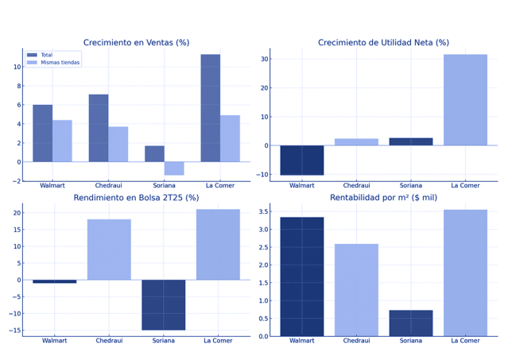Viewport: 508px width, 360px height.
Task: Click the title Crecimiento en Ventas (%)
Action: [x=136, y=43]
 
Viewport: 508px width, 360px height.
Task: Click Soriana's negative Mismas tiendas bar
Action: [x=174, y=168]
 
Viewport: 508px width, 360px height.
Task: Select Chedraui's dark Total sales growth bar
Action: [x=99, y=128]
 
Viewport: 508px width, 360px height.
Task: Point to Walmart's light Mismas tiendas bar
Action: [x=62, y=141]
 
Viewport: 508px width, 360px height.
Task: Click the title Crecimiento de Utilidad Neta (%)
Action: [x=383, y=43]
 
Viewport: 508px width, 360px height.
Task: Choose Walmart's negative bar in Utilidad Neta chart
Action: [x=301, y=160]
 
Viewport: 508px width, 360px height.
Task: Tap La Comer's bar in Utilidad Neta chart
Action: [x=465, y=100]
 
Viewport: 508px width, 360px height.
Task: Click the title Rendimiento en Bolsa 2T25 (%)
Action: [x=136, y=198]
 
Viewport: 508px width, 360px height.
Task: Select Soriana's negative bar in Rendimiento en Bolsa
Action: [x=164, y=304]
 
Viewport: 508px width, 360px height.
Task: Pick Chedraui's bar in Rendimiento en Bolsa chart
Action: [x=109, y=250]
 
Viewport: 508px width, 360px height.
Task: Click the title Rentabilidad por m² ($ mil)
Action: [x=383, y=198]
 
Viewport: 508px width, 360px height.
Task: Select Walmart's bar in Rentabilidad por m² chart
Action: [x=301, y=277]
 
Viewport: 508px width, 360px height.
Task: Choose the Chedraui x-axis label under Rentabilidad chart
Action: [x=356, y=341]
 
